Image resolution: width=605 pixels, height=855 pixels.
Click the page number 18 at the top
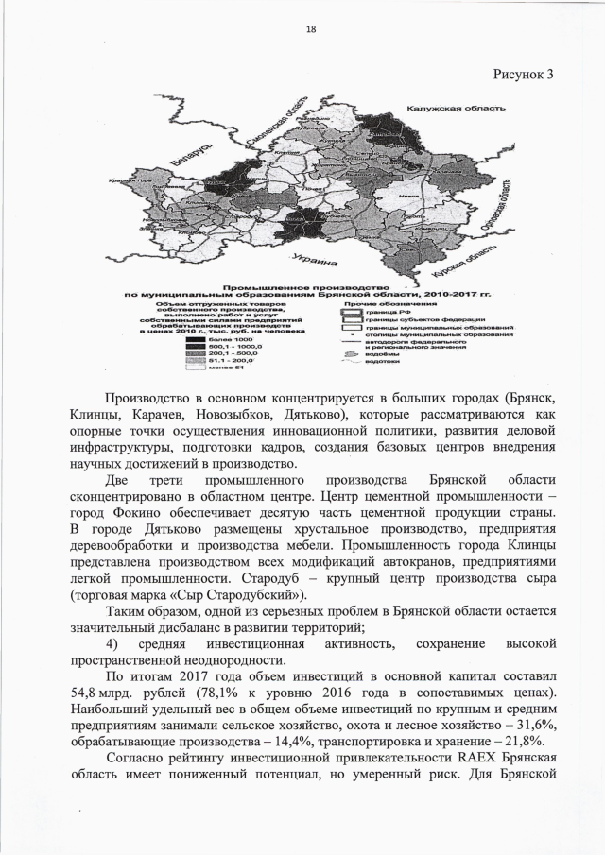[x=310, y=29]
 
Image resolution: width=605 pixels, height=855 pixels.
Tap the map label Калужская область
[x=454, y=109]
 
